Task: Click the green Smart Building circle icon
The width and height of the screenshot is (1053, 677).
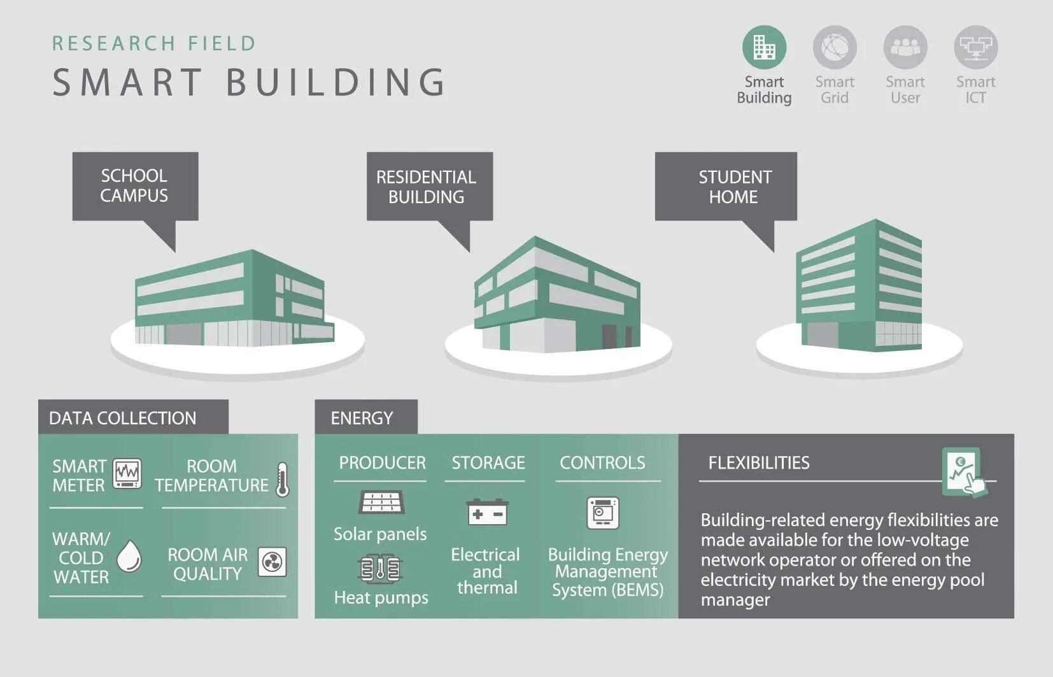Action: (x=764, y=47)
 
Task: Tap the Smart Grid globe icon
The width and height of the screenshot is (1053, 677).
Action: (x=835, y=47)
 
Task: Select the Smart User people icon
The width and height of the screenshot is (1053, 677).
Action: (x=905, y=47)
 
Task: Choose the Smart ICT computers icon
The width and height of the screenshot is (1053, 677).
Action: (x=975, y=47)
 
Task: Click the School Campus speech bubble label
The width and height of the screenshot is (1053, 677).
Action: (x=135, y=185)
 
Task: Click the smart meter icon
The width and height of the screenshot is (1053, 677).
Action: (x=127, y=473)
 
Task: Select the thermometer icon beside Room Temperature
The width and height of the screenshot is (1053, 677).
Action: (x=283, y=480)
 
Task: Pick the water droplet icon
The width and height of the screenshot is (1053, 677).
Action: (x=129, y=556)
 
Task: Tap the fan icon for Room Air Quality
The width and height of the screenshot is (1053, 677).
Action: (x=272, y=562)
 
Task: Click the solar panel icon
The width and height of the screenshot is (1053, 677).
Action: (x=381, y=502)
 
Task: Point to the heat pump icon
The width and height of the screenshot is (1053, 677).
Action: (x=380, y=568)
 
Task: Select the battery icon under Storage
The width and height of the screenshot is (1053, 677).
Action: (x=487, y=513)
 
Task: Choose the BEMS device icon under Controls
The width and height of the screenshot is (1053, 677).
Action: (x=602, y=513)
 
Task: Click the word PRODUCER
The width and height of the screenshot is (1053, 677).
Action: (x=382, y=462)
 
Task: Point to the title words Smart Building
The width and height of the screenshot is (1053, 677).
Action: (x=249, y=82)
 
